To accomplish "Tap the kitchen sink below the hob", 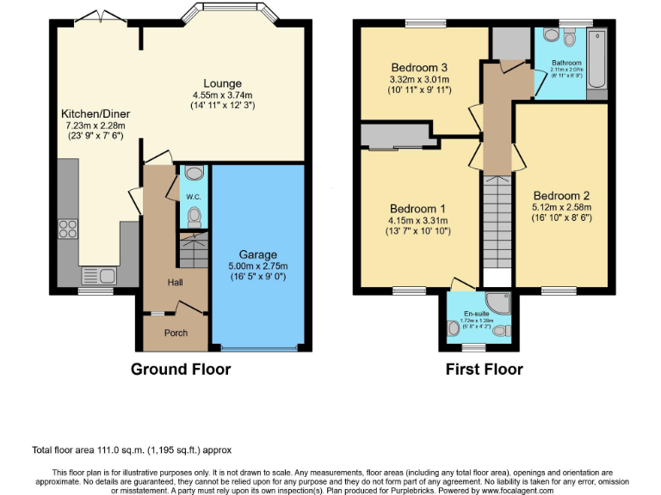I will [96, 276].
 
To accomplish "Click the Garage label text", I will [258, 254].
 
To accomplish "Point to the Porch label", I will [176, 333].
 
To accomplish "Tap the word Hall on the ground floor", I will [175, 282].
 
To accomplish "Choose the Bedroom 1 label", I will [418, 208].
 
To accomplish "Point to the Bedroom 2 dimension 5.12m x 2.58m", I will [562, 206].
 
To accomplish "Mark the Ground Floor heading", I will [181, 370].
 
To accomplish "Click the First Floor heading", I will [484, 370].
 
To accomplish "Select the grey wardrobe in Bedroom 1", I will [397, 135].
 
